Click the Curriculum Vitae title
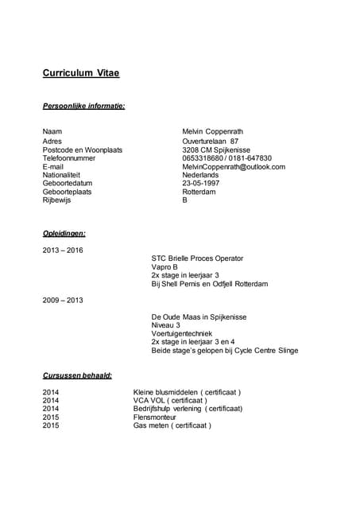81,74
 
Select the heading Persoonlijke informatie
83,106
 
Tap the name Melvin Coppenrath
215,131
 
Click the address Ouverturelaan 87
210,141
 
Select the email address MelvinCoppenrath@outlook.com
233,167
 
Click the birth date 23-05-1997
200,184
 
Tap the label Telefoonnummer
69,158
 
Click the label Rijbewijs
57,200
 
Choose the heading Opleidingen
64,234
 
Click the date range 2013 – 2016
63,251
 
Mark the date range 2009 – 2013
63,300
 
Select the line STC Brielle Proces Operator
197,258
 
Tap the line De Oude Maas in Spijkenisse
199,317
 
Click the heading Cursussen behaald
77,375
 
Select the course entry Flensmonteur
157,417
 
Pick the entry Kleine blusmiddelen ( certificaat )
187,392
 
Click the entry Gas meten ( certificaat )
172,425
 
